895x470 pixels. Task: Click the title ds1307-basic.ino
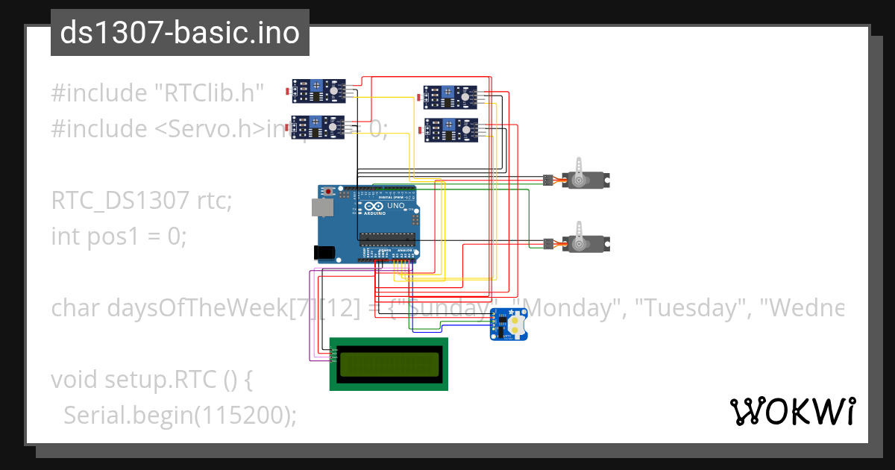pyautogui.click(x=180, y=33)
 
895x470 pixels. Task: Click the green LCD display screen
pyautogui.click(x=389, y=364)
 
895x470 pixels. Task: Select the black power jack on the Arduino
pyautogui.click(x=324, y=253)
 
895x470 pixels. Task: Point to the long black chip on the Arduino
pyautogui.click(x=386, y=239)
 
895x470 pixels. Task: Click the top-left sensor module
pyautogui.click(x=318, y=91)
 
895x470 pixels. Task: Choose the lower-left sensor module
pyautogui.click(x=318, y=128)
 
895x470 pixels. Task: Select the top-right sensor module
pyautogui.click(x=450, y=97)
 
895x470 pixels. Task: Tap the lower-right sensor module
pyautogui.click(x=450, y=130)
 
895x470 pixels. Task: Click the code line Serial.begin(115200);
pyautogui.click(x=179, y=416)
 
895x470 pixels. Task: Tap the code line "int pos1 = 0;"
pyautogui.click(x=119, y=236)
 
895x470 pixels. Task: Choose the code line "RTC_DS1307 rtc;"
pyautogui.click(x=142, y=201)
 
